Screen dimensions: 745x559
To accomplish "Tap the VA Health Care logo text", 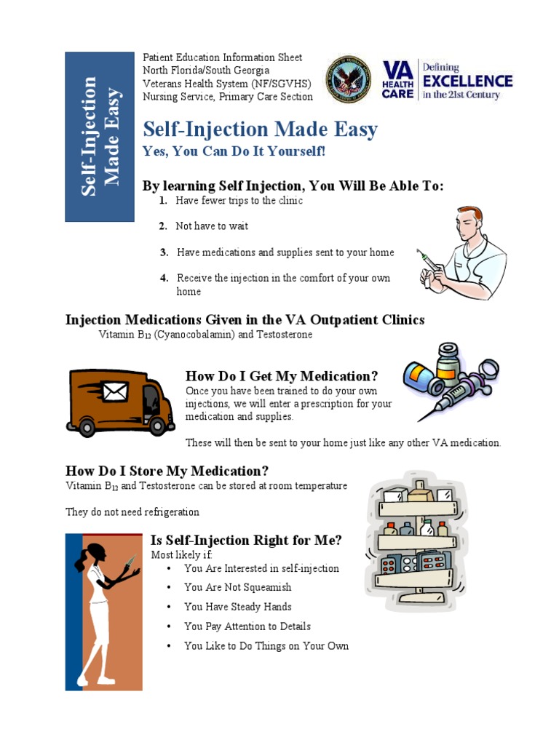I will tap(398, 80).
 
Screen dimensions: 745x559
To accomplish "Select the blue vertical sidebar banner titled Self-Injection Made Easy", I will tap(99, 136).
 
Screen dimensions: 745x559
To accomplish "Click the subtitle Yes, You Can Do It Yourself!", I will tap(234, 151).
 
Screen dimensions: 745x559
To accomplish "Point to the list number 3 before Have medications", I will tap(164, 252).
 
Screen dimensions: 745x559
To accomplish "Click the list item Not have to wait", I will tap(212, 226).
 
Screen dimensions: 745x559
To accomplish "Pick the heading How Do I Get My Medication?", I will tap(282, 376).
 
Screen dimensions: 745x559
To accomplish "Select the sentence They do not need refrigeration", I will tap(132, 511).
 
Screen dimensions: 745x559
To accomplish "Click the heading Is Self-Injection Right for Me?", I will tap(246, 540).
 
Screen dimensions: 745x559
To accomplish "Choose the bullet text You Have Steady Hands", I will tap(237, 607).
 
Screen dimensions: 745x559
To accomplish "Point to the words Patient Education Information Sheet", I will tap(222, 57).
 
